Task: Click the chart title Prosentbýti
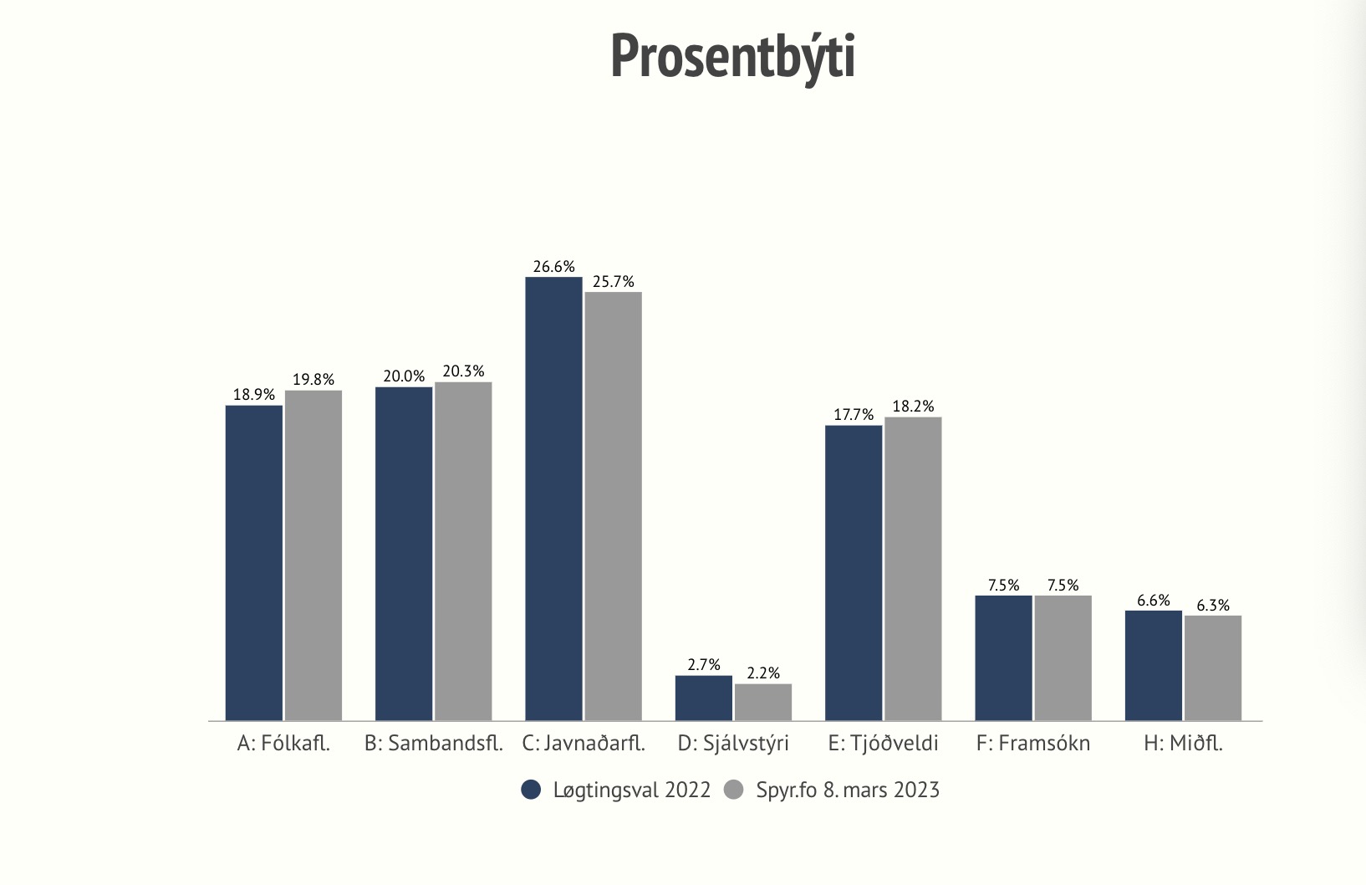tap(732, 57)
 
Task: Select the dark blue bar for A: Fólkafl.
tap(254, 562)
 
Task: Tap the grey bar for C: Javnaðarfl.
tap(613, 505)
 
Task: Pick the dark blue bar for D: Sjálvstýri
tap(703, 698)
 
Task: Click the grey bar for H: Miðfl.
tap(1212, 668)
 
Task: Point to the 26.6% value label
tap(553, 267)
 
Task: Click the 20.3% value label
tap(463, 371)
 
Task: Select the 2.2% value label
tap(763, 673)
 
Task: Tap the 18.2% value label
tap(913, 407)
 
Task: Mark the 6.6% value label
tap(1154, 601)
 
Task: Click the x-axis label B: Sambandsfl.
tap(433, 744)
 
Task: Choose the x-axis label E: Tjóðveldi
tap(883, 744)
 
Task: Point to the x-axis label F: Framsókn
tap(1033, 744)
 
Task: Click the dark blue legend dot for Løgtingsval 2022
tap(531, 790)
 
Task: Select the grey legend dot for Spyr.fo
tap(734, 790)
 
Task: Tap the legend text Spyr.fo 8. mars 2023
tap(848, 790)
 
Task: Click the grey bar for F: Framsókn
tap(1063, 657)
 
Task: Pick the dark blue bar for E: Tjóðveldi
tap(854, 572)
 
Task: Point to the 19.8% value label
tap(313, 380)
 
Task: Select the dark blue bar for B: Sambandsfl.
tap(404, 553)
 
